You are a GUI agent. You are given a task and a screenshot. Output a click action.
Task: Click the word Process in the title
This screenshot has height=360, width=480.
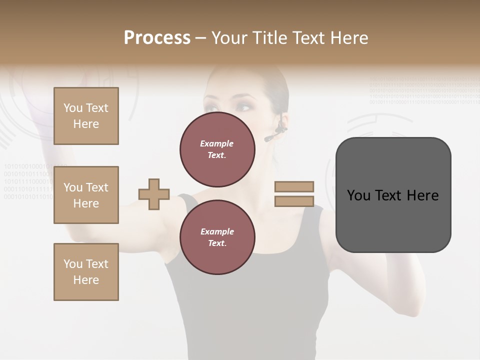tap(157, 38)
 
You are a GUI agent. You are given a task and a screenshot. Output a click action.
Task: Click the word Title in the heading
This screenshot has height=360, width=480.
tap(270, 38)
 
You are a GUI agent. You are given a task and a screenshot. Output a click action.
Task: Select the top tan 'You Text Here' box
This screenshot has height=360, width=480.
tap(86, 116)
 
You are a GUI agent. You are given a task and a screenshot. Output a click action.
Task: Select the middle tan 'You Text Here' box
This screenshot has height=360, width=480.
tap(86, 195)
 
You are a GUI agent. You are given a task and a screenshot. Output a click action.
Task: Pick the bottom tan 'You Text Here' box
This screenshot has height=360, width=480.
tap(86, 272)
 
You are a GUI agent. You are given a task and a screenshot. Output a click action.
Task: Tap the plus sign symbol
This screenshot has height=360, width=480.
tap(154, 194)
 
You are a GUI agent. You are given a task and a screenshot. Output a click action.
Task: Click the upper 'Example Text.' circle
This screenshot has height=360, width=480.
tap(217, 149)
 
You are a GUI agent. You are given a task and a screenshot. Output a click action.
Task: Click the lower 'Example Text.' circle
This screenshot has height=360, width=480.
tap(217, 237)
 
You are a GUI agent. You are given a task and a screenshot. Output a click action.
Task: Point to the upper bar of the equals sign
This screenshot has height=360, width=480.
tap(294, 186)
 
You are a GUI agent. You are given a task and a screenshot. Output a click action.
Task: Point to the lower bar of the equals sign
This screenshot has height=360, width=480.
tap(294, 201)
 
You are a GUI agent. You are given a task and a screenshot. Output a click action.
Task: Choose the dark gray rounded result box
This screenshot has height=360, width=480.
tap(393, 195)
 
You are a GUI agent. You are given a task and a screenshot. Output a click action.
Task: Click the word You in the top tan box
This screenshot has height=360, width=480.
tap(73, 108)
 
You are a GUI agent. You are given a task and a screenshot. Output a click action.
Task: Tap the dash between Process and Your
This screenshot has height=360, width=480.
tap(200, 38)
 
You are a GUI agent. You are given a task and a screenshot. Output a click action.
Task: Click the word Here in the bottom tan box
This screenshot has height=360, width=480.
tap(86, 280)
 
